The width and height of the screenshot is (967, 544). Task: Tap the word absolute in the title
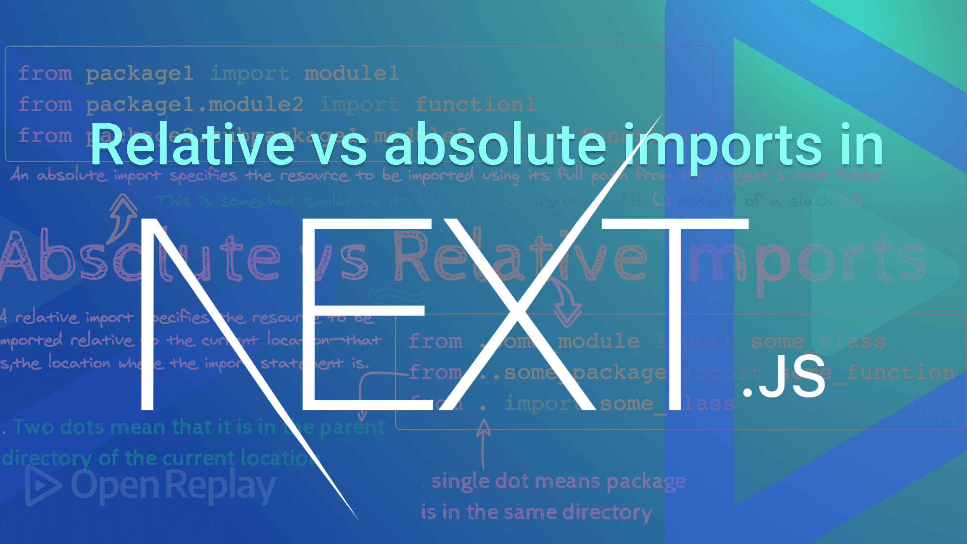(x=496, y=145)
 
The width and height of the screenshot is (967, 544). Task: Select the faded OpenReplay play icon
(x=42, y=486)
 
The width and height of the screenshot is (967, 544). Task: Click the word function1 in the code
(x=475, y=105)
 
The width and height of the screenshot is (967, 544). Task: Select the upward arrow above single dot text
(x=483, y=443)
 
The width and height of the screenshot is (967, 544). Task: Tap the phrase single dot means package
(x=558, y=482)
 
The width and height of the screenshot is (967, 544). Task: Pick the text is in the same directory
(x=536, y=513)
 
